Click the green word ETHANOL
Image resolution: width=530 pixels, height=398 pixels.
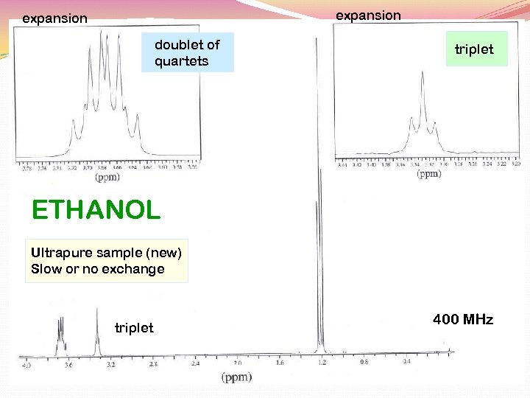point(96,211)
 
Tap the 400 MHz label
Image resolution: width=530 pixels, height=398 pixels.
point(463,319)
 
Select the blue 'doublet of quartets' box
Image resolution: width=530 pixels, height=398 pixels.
point(187,52)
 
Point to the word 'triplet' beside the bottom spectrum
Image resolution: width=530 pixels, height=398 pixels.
point(134,328)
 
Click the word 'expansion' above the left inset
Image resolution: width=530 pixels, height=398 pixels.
point(54,18)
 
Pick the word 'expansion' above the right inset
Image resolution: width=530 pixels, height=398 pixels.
point(368,15)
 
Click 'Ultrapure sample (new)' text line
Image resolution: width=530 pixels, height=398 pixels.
point(106,253)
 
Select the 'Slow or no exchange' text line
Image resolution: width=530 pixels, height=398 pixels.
point(98,269)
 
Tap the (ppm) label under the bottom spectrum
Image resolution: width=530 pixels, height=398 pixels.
point(236,377)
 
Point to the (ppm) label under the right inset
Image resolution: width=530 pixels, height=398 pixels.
point(429,174)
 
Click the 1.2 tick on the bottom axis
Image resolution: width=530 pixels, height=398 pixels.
point(322,363)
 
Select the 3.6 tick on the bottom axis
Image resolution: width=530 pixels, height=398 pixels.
point(68,364)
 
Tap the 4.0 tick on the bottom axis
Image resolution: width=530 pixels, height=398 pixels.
point(26,364)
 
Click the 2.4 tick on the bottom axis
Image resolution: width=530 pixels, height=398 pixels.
point(195,363)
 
